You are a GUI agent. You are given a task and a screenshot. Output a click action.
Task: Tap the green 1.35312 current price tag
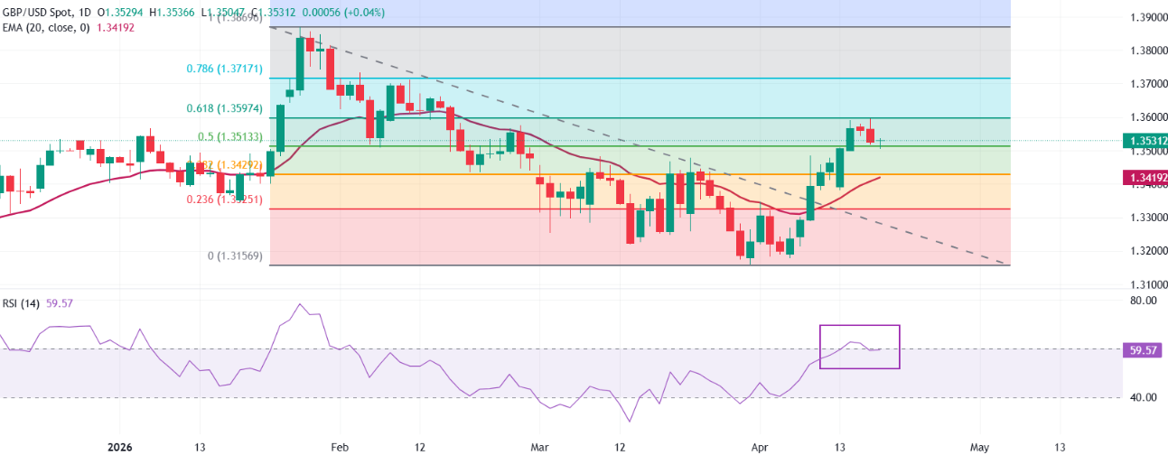(1143, 141)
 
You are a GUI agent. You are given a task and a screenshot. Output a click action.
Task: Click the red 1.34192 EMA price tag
(1143, 179)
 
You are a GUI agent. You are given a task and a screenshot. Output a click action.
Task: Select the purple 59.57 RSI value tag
(1143, 349)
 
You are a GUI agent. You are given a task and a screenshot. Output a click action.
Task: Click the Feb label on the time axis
(340, 447)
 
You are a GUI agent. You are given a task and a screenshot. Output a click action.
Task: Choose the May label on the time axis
(980, 447)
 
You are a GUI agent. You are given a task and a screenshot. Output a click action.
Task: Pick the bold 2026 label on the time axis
(119, 447)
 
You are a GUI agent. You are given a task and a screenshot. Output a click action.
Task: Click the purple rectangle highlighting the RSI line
(859, 347)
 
